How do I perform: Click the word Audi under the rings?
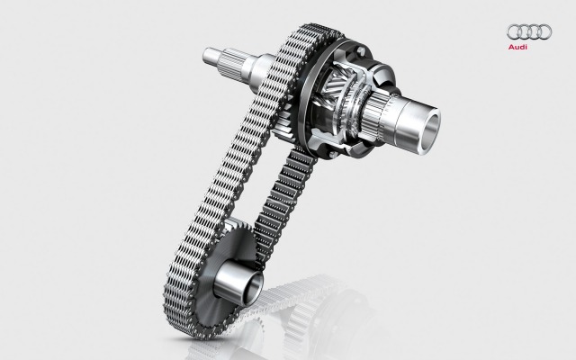point(517,47)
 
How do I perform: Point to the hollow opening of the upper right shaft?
point(432,127)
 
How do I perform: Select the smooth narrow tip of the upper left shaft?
point(209,55)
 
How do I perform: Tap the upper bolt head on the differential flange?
point(361,50)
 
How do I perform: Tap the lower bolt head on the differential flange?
point(333,154)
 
